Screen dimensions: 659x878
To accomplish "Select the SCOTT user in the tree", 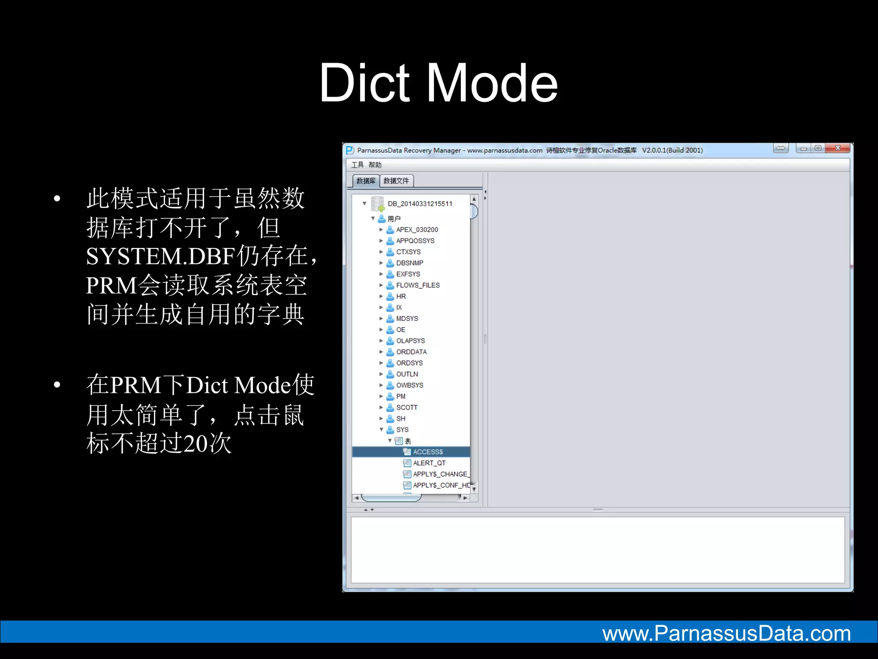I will tap(406, 408).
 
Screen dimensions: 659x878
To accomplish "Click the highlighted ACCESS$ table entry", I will tap(427, 452).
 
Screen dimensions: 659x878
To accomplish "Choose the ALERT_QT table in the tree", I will tap(429, 463).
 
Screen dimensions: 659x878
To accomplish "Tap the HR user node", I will tap(401, 296).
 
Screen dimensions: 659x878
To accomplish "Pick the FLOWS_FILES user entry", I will tap(418, 285).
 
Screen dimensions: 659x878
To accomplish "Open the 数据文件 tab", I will tap(396, 181).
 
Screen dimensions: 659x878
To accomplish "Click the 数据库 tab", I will tap(366, 181).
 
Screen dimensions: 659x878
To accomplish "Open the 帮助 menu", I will tap(375, 165).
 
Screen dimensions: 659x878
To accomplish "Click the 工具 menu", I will tap(357, 165).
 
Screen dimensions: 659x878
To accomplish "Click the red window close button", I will tap(838, 148).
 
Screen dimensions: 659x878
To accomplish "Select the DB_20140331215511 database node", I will tap(420, 204).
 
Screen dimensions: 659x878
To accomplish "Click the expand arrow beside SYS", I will tap(381, 429).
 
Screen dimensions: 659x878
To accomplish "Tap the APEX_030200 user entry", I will tap(417, 230).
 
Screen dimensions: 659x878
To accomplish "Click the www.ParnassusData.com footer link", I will tap(726, 634).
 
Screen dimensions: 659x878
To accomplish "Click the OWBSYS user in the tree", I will tap(409, 385).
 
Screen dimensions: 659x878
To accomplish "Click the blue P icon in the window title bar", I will tap(350, 150).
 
